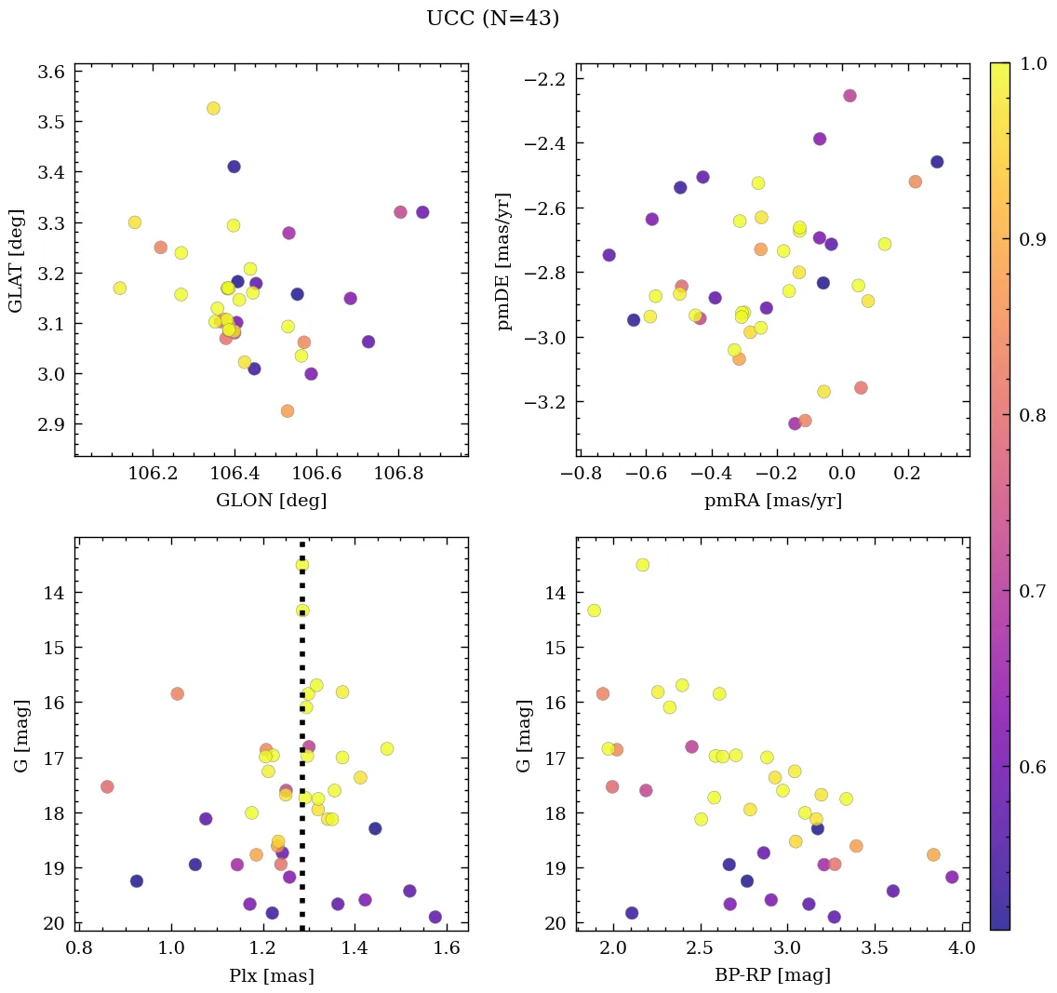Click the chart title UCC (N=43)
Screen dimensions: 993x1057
tap(492, 19)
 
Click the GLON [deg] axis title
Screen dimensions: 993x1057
tap(271, 501)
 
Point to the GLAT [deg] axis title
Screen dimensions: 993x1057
tap(16, 260)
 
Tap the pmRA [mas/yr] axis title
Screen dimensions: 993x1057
tap(773, 501)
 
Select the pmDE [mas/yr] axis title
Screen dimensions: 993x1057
tap(504, 262)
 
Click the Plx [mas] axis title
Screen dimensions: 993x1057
tap(271, 975)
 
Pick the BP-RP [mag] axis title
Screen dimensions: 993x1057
tap(773, 975)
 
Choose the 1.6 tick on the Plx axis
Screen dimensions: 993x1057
tap(447, 948)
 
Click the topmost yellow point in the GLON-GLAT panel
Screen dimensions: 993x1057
tap(213, 108)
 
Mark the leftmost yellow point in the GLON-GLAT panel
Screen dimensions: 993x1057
tap(119, 288)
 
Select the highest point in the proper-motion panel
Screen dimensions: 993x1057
tap(850, 96)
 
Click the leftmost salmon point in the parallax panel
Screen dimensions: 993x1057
tap(107, 786)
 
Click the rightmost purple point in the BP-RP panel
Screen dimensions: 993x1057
tap(952, 877)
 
